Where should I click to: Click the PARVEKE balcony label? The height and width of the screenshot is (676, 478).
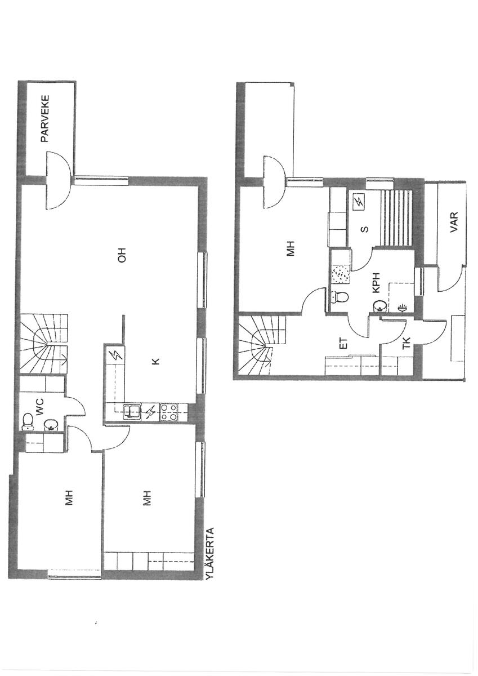45,119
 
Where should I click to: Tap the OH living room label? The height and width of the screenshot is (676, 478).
122,255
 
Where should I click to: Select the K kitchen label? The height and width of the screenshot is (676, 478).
155,361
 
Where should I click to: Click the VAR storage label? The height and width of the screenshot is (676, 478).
454,222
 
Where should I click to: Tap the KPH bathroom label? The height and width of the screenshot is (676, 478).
376,283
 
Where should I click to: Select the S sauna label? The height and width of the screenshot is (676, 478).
365,229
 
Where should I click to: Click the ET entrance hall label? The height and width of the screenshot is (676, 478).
344,344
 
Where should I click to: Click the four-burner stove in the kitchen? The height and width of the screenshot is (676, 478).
169,412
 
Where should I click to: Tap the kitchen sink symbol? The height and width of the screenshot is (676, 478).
132,412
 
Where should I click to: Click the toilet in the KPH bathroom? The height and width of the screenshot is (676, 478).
340,297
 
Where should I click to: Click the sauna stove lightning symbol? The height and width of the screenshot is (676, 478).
359,201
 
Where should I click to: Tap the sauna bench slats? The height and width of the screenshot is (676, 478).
396,218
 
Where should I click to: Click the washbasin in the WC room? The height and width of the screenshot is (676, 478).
50,425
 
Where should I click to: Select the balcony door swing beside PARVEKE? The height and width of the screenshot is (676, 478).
59,181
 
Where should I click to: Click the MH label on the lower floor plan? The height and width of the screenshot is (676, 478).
290,248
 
